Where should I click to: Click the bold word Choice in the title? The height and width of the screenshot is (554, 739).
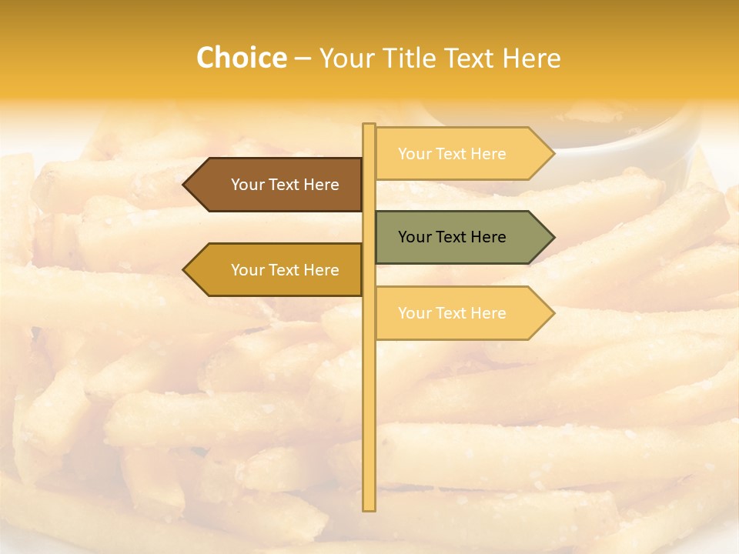tap(241, 58)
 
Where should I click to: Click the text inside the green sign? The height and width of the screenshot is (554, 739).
tap(452, 237)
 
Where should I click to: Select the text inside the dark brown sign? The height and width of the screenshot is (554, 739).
tap(285, 185)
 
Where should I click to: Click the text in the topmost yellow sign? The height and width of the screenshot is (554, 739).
tap(452, 154)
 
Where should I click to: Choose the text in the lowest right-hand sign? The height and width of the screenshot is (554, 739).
tap(452, 313)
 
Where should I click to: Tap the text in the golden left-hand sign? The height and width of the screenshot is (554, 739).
tap(285, 270)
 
